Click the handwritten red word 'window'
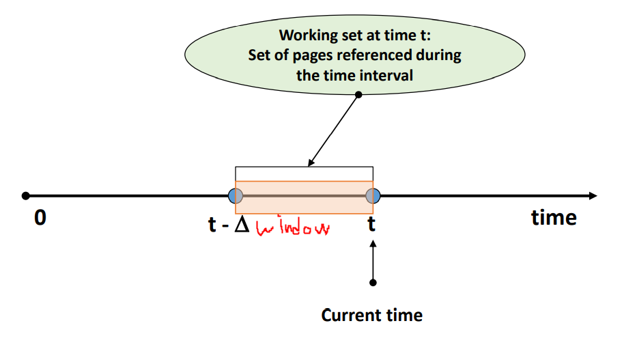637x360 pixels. coord(293,227)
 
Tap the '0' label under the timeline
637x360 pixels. coord(40,219)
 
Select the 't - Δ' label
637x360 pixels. coord(229,224)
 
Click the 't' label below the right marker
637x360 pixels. coord(372,223)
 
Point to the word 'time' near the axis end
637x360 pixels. coord(554,217)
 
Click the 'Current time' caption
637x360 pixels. coord(371,315)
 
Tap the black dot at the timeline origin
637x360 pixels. coord(25,196)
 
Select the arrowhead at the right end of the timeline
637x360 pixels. coord(592,196)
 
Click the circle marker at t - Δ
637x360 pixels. coord(236,196)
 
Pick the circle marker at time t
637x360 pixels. coord(372,196)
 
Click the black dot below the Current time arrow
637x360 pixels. coord(373,282)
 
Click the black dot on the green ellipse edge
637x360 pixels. coord(358,94)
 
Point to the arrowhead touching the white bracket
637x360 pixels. coord(311,163)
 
